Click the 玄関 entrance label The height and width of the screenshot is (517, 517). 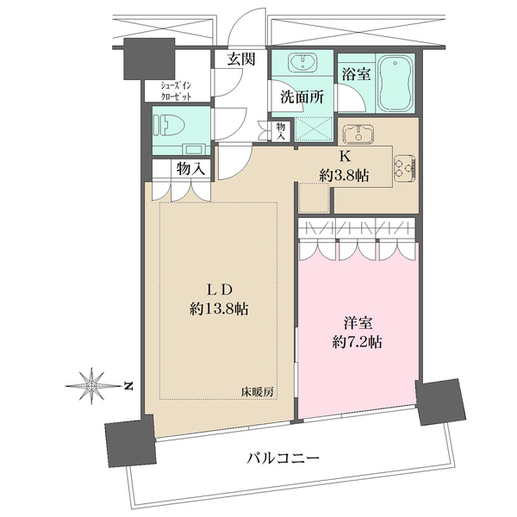[241, 59]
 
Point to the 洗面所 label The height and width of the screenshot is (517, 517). [301, 97]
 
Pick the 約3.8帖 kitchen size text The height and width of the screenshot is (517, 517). [344, 175]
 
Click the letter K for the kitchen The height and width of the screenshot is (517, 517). [344, 157]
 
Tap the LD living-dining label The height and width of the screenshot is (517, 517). [220, 290]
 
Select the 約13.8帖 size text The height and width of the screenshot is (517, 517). [220, 308]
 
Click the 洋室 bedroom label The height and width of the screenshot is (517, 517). [357, 322]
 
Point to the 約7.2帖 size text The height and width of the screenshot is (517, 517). [357, 341]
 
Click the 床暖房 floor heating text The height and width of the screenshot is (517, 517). [257, 393]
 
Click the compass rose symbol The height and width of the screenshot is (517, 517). [91, 384]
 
